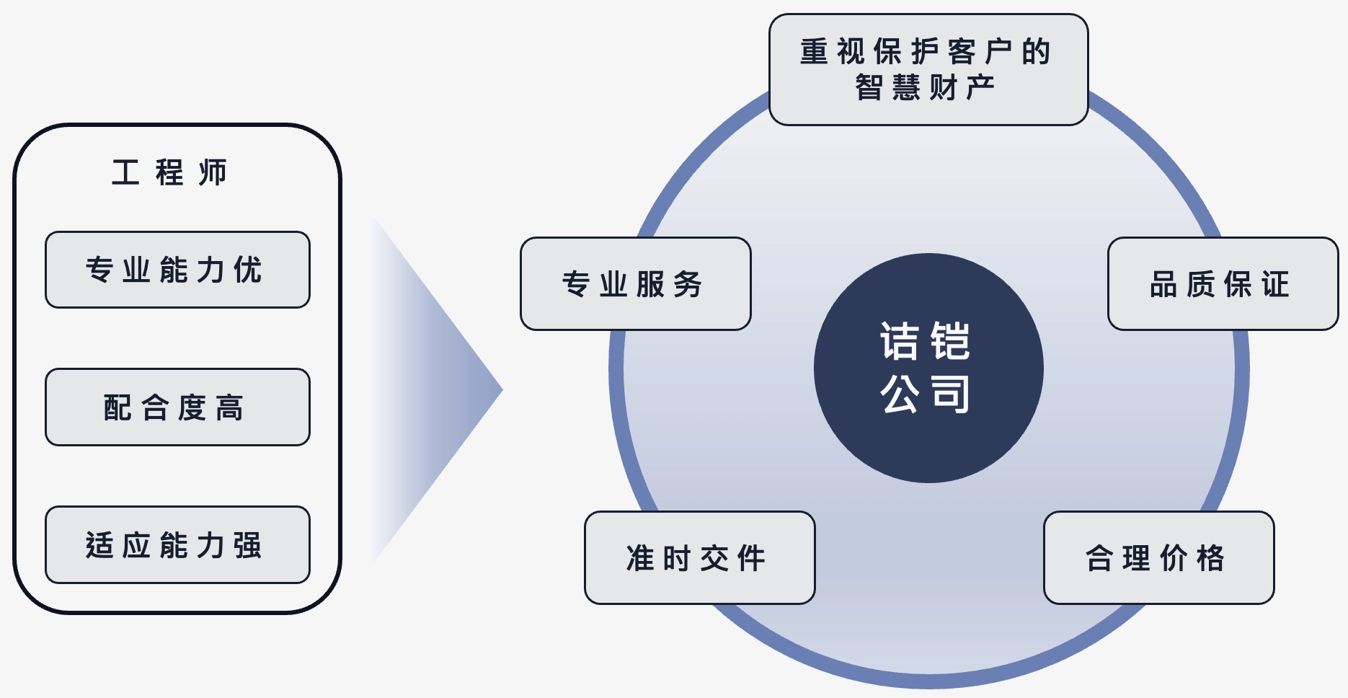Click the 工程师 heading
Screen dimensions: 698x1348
pyautogui.click(x=169, y=173)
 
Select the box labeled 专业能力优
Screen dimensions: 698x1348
pyautogui.click(x=177, y=270)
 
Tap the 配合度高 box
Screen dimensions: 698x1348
pyautogui.click(x=177, y=407)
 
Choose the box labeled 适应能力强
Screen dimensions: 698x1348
pyautogui.click(x=177, y=545)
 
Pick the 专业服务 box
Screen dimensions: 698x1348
pyautogui.click(x=635, y=284)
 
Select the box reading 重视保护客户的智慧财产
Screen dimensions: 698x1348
pyautogui.click(x=928, y=70)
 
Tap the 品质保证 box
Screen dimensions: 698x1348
pyautogui.click(x=1223, y=284)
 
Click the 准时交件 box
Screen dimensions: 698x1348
pyautogui.click(x=699, y=558)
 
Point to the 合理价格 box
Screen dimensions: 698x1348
pyautogui.click(x=1158, y=558)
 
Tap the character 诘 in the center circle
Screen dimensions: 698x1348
pyautogui.click(x=900, y=341)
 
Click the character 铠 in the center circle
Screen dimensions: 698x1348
pyautogui.click(x=950, y=341)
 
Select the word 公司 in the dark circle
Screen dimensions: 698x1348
pyautogui.click(x=926, y=394)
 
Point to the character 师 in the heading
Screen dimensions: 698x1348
pyautogui.click(x=213, y=173)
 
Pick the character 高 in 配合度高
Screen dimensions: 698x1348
pyautogui.click(x=230, y=408)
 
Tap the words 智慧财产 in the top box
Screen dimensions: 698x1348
pyautogui.click(x=926, y=88)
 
